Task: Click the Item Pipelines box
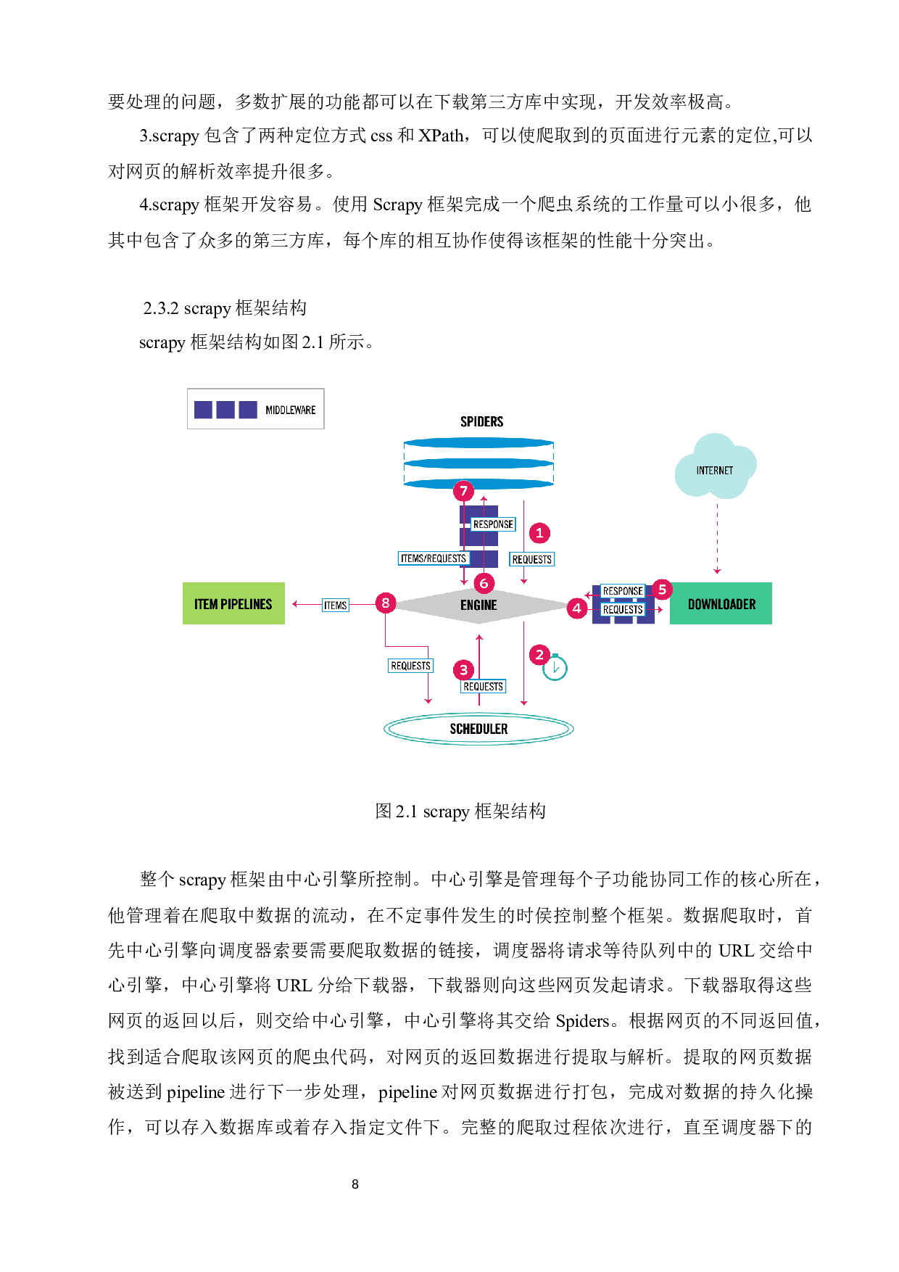[x=233, y=603]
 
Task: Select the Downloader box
[x=721, y=603]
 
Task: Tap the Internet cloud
[x=715, y=468]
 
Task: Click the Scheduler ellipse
[x=478, y=729]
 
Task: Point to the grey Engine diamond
[x=478, y=605]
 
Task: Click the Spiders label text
[x=481, y=421]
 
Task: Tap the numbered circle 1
[x=539, y=533]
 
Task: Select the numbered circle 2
[x=539, y=655]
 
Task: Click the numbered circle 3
[x=464, y=670]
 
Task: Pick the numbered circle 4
[x=577, y=608]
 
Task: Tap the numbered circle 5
[x=662, y=590]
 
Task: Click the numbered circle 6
[x=484, y=583]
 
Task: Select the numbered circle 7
[x=464, y=491]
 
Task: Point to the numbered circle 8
[x=386, y=603]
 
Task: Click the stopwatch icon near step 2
[x=555, y=667]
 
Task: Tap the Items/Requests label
[x=434, y=558]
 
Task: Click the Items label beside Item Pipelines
[x=336, y=606]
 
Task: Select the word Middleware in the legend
[x=291, y=410]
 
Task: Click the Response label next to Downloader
[x=623, y=591]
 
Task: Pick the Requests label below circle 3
[x=484, y=686]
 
